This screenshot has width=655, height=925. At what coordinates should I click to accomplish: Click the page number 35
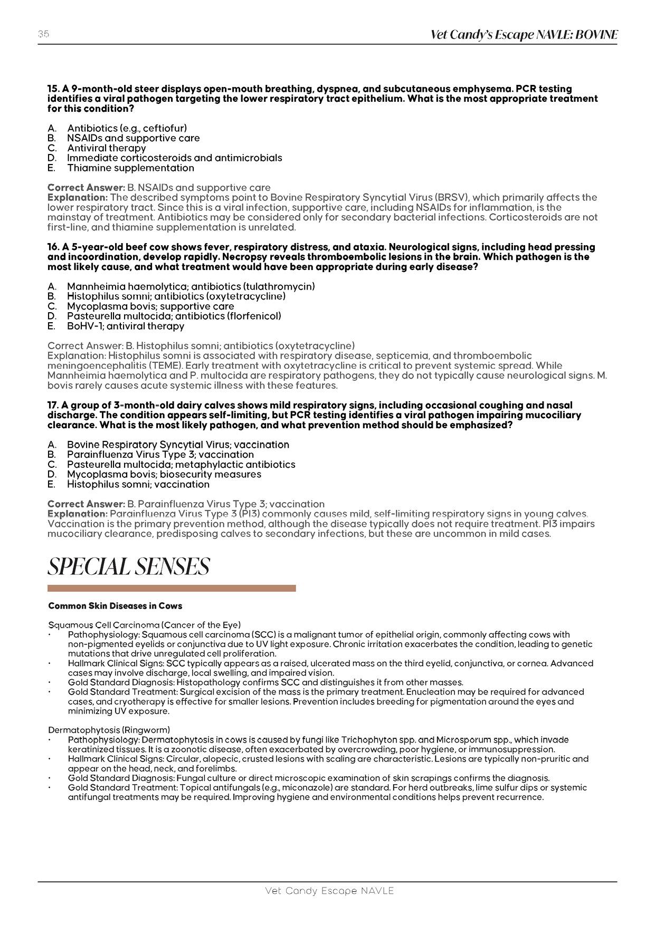pos(43,34)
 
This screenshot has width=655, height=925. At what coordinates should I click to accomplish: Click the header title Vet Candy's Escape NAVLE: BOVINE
pos(524,35)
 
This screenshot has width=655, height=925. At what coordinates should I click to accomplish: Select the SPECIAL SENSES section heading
pos(128,567)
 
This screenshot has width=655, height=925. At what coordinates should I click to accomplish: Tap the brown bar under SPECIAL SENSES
pos(172,588)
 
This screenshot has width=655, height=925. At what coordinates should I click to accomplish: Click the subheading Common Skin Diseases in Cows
pos(115,605)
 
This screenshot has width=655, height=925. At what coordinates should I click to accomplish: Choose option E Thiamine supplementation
pos(130,168)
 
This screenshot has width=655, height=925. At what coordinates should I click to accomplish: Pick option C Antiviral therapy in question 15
pos(106,148)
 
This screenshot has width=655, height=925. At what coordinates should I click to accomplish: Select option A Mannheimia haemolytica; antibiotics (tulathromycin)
pos(191,286)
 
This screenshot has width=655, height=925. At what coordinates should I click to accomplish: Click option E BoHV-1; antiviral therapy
pos(126,326)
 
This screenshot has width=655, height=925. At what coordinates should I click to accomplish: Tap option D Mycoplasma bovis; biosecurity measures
pos(164,474)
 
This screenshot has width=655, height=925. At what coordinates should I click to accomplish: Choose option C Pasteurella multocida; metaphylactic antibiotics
pos(181,465)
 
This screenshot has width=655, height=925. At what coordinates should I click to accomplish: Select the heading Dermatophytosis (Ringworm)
pos(109,730)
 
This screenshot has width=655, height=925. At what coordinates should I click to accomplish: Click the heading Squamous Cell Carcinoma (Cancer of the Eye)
pos(144,625)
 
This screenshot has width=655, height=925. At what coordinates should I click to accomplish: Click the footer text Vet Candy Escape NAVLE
pos(329,891)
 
